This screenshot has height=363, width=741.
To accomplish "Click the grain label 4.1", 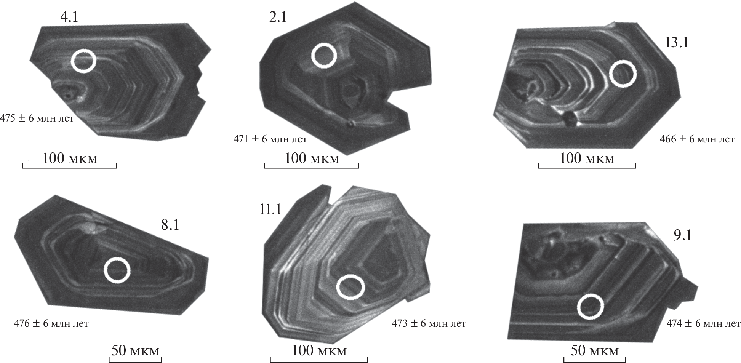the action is tap(69, 17).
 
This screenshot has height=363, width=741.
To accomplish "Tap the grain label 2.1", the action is tap(278, 17).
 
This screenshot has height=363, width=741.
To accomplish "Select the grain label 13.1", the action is tap(677, 42).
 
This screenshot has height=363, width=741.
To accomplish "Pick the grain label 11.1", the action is tap(270, 209).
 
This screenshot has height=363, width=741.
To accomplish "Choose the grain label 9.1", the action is tap(683, 235).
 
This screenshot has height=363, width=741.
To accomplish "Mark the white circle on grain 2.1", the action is tap(324, 56).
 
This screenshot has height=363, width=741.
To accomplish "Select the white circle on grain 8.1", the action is tap(117, 270).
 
